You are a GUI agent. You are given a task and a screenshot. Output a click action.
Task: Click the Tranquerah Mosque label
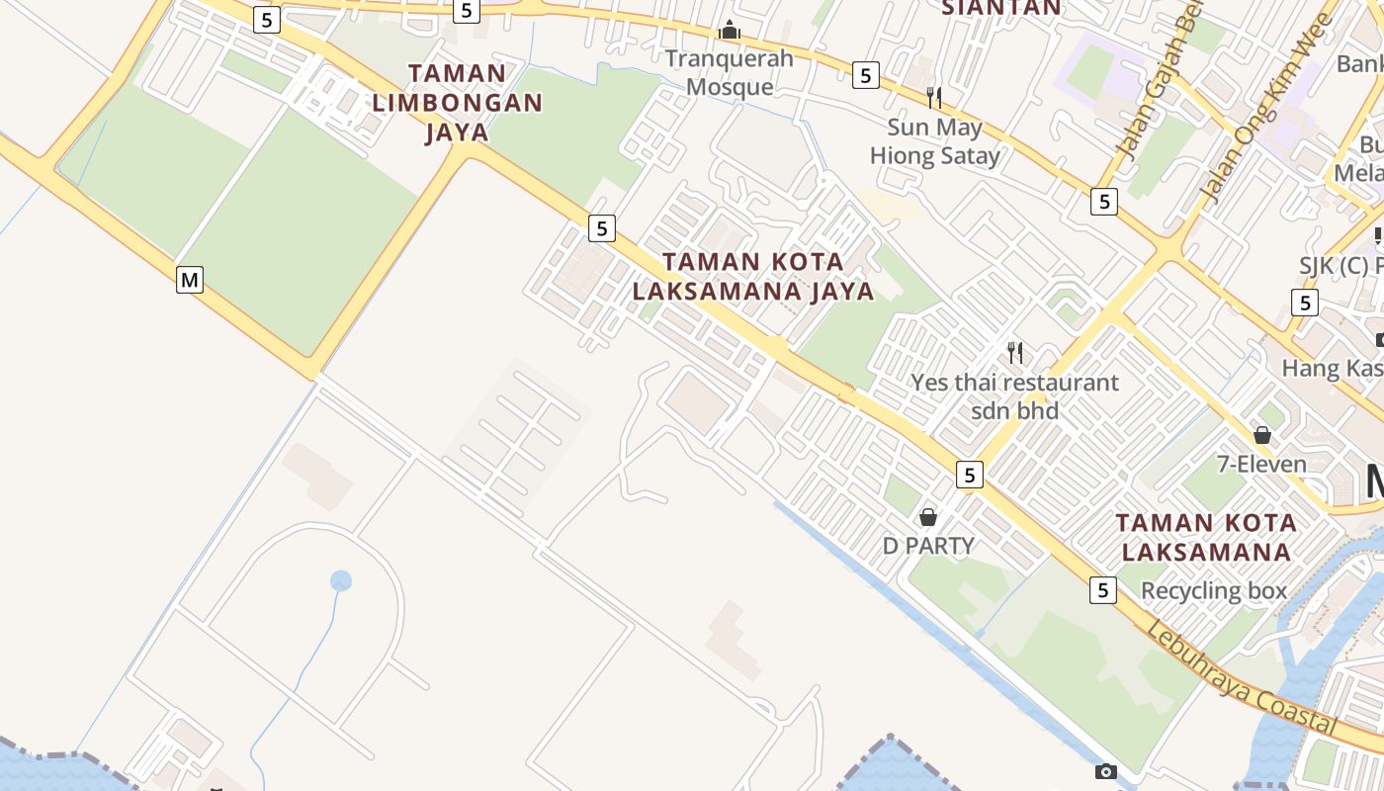click(x=730, y=72)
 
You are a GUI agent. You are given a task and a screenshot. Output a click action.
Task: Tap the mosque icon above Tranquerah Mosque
click(x=730, y=31)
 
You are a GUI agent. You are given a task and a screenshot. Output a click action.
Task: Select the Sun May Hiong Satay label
click(x=934, y=141)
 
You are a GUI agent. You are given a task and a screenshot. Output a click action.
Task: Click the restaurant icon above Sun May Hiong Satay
click(x=933, y=97)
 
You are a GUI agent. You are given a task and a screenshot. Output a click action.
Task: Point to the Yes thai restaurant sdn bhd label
click(x=1014, y=395)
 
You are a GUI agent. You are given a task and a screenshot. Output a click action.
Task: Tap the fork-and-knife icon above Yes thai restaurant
click(x=1014, y=352)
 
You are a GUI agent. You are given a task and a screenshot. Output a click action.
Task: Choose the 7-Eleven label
click(x=1261, y=464)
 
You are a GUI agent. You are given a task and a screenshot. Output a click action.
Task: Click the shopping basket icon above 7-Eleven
click(x=1261, y=435)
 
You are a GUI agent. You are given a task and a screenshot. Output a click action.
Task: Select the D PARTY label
click(x=928, y=545)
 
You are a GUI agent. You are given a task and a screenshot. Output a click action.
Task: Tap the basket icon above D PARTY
click(x=928, y=516)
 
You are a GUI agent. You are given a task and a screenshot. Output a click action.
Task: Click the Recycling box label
click(x=1214, y=591)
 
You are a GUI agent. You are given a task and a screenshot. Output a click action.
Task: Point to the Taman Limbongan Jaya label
click(x=457, y=103)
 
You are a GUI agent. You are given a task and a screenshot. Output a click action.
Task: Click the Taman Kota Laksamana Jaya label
click(x=753, y=277)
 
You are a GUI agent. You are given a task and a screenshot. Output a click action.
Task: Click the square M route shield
click(x=189, y=280)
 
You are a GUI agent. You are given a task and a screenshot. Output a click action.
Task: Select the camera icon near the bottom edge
click(x=1105, y=771)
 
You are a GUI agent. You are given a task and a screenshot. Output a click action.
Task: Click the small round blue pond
click(x=341, y=580)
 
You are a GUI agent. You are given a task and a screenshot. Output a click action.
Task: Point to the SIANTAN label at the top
click(x=1000, y=9)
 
